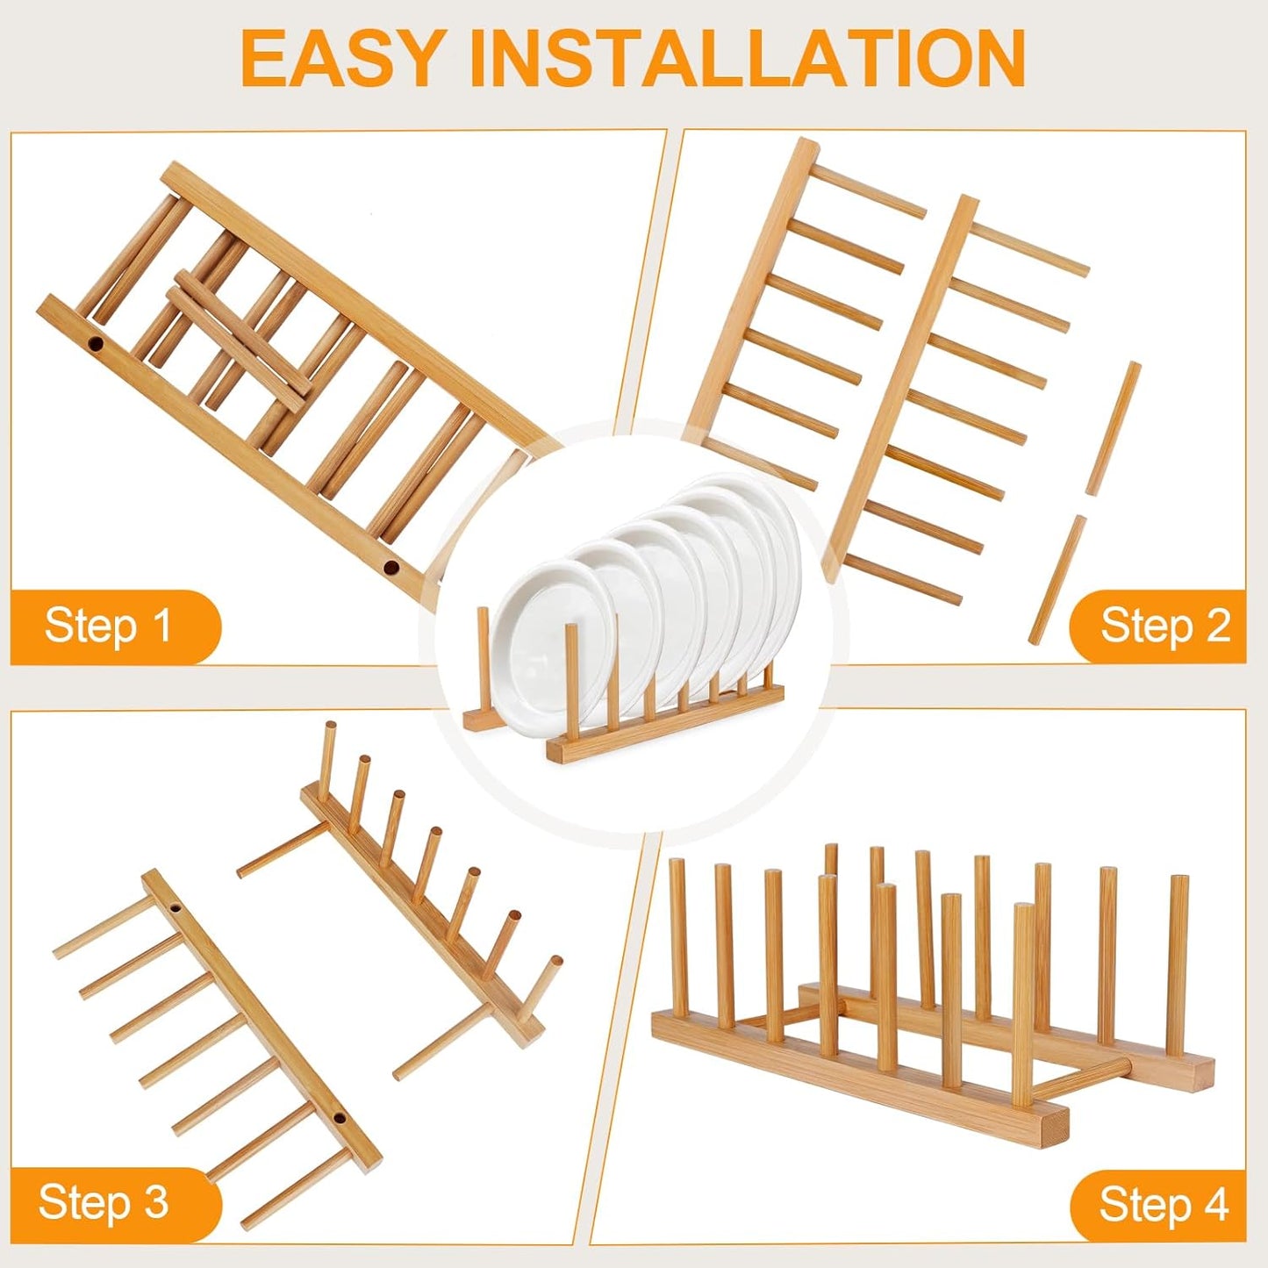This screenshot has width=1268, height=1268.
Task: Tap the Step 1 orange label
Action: point(109,627)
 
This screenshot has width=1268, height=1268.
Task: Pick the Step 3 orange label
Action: point(104,1201)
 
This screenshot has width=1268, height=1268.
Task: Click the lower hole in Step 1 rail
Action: point(390,568)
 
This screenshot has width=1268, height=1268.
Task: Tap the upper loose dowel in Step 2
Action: point(1114,427)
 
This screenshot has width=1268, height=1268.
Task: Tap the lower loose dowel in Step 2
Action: point(1058,580)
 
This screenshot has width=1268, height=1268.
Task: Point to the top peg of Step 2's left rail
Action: point(869,191)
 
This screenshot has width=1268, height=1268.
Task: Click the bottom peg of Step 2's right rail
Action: point(904,579)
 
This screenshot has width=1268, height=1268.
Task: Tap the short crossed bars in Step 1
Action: point(237,338)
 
